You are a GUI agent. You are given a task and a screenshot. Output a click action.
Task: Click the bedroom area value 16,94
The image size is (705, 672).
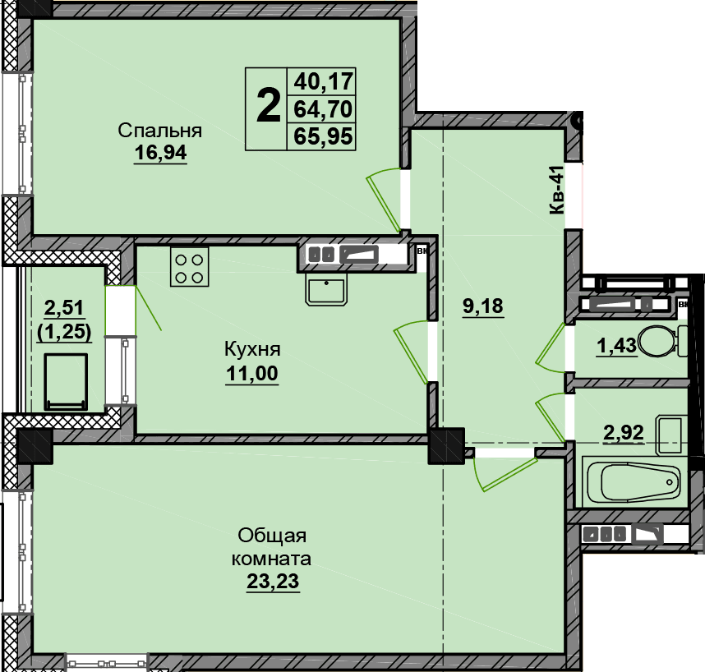[160, 153]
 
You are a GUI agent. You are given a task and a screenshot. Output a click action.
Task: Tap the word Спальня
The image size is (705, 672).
[160, 131]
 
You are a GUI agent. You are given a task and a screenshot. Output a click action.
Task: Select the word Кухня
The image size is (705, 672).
[252, 349]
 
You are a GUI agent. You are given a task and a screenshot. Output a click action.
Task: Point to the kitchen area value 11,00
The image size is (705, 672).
[252, 373]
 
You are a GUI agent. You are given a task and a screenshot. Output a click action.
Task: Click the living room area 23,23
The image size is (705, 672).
[273, 581]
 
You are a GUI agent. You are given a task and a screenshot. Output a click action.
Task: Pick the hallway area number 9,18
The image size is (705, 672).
[483, 306]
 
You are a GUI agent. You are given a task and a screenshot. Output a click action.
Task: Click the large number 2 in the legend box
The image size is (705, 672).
[268, 107]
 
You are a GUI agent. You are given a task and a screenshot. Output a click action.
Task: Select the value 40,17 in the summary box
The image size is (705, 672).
[323, 81]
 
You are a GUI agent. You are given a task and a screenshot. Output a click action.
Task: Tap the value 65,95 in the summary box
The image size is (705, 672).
[323, 136]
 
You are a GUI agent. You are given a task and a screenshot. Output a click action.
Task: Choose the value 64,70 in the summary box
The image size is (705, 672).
[323, 108]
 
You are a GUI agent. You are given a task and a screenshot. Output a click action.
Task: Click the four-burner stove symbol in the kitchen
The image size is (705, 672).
[189, 267]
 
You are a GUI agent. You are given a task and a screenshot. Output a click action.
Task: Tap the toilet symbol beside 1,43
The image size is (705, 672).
[662, 340]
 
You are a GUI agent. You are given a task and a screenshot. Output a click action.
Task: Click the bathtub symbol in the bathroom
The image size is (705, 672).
[635, 481]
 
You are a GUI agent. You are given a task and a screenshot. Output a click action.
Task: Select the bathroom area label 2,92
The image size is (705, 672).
[623, 432]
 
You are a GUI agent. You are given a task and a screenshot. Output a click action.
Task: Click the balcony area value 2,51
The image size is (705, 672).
[64, 308]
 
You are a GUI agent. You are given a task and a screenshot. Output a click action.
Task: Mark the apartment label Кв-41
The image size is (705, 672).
[556, 190]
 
